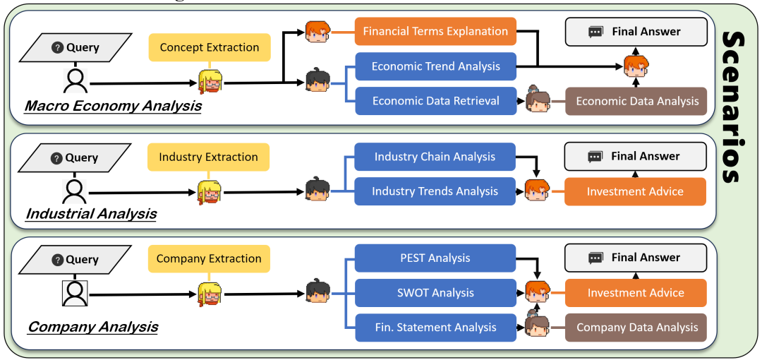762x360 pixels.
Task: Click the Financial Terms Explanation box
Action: click(435, 32)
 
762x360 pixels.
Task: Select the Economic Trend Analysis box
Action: click(435, 66)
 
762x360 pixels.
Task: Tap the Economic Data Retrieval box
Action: click(435, 101)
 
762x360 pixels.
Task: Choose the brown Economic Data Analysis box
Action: click(636, 101)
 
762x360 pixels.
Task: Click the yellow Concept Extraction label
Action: click(210, 47)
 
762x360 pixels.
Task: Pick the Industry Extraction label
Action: click(208, 157)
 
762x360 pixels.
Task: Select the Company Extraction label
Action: click(209, 258)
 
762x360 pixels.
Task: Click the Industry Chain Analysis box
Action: click(435, 157)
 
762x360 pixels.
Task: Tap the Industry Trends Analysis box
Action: click(435, 191)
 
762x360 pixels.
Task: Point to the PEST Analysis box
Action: click(435, 258)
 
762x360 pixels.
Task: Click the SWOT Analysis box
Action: click(435, 293)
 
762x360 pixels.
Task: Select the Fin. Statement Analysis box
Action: click(435, 328)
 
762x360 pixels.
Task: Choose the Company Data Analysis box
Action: click(636, 328)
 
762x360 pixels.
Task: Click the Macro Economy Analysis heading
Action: click(113, 105)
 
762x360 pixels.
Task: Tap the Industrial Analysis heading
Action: click(91, 214)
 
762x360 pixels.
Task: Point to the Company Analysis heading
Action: click(93, 326)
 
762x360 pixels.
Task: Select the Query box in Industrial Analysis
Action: click(75, 157)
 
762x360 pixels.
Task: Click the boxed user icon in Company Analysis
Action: click(75, 293)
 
